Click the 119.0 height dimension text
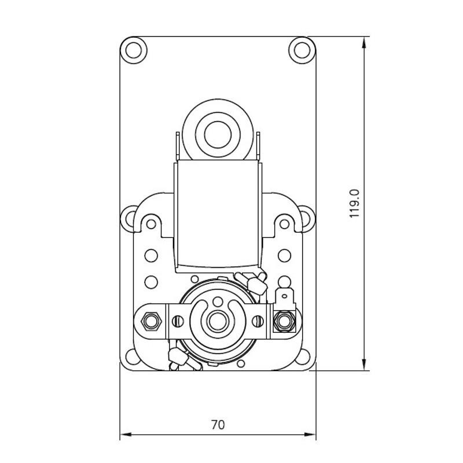[354, 204]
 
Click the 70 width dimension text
[218, 425]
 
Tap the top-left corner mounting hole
[134, 50]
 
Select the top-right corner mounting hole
[302, 50]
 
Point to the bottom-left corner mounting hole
[133, 357]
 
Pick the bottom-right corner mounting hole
[302, 357]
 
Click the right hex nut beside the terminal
[284, 321]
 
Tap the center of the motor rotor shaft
[218, 321]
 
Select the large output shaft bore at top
[218, 135]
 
